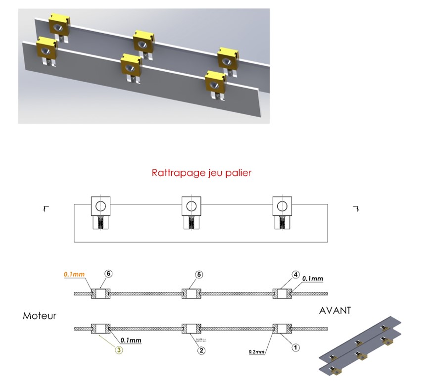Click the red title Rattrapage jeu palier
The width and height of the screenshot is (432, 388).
201,174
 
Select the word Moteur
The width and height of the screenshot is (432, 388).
40,315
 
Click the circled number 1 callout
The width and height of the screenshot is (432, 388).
295,347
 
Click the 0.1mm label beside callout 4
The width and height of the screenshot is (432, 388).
313,279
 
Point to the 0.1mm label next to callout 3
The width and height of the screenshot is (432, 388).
130,340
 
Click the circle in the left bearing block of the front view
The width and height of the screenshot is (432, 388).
100,205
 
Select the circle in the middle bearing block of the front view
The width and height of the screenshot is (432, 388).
192,205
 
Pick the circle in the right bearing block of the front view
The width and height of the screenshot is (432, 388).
283,205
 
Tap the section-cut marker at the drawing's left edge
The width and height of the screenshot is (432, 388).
45,208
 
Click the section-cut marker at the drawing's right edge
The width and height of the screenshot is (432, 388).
355,208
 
